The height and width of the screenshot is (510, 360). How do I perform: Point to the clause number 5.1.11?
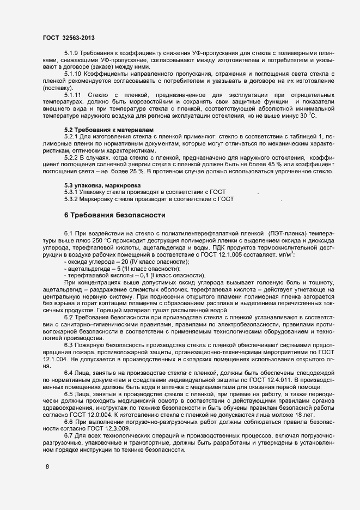(x=73, y=95)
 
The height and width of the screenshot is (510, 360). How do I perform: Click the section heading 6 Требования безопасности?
(x=114, y=215)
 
